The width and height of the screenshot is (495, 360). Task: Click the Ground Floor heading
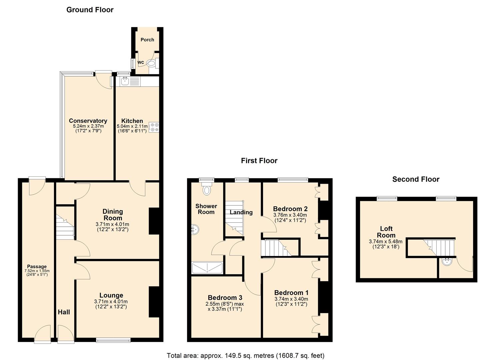90,10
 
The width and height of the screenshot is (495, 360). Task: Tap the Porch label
147,40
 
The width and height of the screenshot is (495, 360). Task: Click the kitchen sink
125,81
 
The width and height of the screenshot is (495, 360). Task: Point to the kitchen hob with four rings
154,127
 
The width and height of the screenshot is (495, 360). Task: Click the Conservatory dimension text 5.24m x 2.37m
88,126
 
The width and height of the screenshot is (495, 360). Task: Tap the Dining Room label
113,215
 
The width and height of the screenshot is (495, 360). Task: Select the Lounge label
111,295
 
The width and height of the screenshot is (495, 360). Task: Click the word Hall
64,312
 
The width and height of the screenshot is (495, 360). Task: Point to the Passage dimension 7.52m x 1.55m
37,271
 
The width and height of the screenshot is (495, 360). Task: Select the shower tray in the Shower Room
207,268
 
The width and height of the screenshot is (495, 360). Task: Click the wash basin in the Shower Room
195,229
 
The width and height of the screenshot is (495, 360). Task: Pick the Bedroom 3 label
225,297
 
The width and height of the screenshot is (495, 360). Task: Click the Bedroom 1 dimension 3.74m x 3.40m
291,299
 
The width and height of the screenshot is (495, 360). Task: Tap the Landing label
241,212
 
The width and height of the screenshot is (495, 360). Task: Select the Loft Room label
386,232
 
